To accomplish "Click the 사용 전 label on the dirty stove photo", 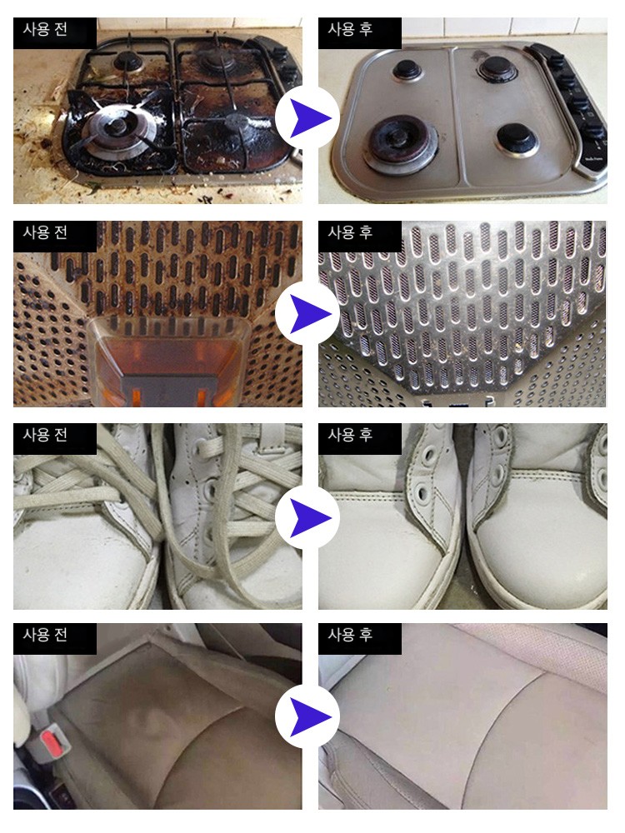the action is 45,28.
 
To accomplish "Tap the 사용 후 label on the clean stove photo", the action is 350,28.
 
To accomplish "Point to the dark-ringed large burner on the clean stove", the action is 400,144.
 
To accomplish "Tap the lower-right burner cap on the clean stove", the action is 515,138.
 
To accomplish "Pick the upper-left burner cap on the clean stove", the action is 407,68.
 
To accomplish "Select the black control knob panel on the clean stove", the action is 571,107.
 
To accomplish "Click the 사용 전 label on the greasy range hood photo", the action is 45,232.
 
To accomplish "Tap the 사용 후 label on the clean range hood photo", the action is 350,232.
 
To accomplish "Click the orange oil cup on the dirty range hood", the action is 169,362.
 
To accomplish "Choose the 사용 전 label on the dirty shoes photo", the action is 45,435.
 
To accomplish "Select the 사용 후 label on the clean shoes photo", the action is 350,435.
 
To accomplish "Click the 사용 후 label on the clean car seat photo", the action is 350,634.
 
